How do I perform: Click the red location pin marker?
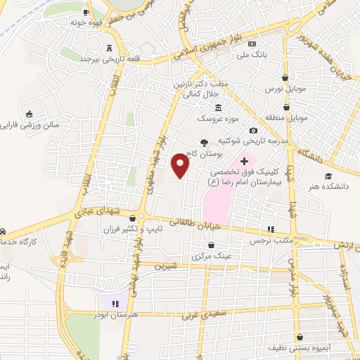(x=181, y=165)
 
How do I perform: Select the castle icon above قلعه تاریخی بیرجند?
(x=108, y=48)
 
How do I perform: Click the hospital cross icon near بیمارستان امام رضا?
(x=244, y=162)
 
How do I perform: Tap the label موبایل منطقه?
(x=284, y=117)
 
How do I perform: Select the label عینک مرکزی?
(x=212, y=256)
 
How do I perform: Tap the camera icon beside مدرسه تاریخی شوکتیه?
(x=253, y=130)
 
